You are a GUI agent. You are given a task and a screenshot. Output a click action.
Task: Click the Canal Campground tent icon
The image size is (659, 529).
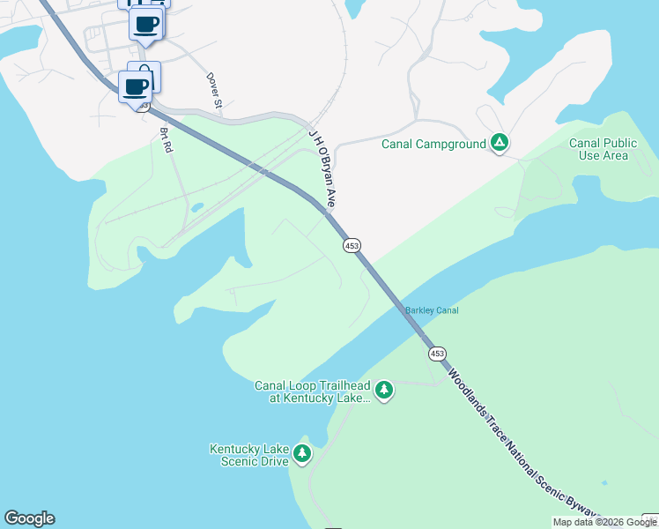click(x=500, y=143)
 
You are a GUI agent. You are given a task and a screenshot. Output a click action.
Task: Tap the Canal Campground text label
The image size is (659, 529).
click(x=433, y=144)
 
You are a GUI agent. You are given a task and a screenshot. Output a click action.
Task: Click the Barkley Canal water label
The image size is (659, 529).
click(x=432, y=310)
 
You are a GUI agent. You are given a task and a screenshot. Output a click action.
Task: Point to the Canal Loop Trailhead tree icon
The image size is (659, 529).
click(x=383, y=390)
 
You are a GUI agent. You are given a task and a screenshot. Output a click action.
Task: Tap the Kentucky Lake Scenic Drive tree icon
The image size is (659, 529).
click(x=302, y=454)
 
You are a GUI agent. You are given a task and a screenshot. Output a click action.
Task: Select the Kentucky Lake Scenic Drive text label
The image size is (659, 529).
click(x=249, y=455)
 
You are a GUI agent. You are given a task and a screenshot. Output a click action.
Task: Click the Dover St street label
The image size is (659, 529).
click(x=214, y=91)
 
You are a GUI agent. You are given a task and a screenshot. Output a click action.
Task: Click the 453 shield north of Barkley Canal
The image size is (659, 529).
click(x=352, y=245)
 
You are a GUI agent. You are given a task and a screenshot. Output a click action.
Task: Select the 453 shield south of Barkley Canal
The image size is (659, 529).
click(x=437, y=354)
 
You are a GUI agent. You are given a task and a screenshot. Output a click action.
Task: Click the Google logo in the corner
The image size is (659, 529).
click(x=29, y=518)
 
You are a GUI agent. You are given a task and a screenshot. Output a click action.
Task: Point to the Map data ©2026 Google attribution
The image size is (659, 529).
click(x=604, y=522)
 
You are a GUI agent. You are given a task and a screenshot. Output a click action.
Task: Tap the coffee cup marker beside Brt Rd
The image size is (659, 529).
click(x=136, y=88)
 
